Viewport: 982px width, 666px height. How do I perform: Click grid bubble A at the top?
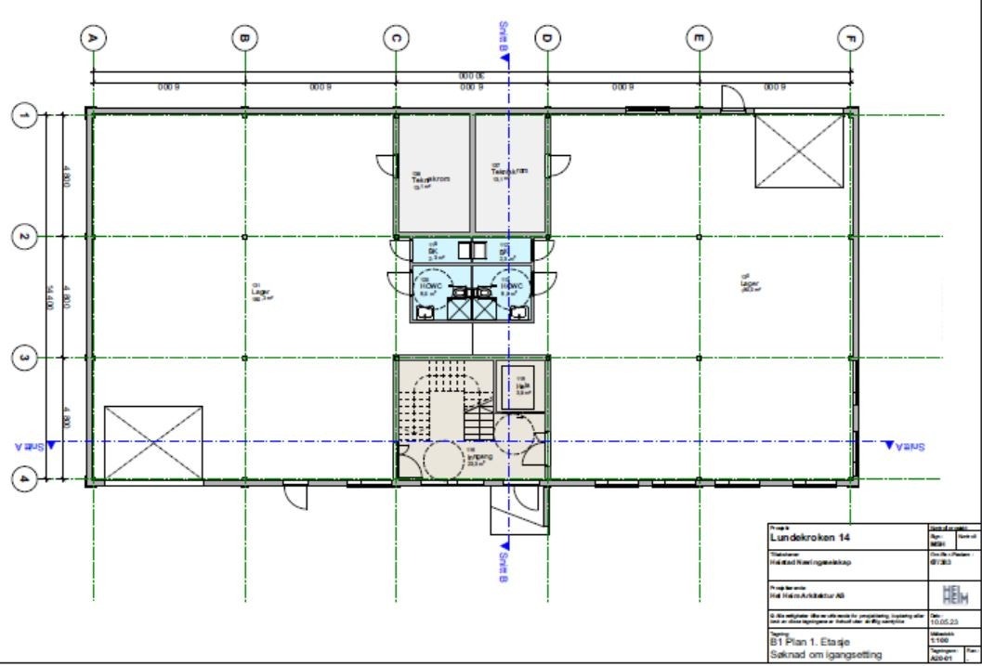pos(93,38)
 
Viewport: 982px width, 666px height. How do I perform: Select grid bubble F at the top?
pos(850,38)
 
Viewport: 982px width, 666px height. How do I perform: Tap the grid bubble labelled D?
pos(547,38)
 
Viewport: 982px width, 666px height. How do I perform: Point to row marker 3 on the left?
pos(23,358)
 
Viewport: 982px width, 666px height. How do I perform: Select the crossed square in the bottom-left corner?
pos(153,441)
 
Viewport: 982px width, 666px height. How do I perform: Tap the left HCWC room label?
pos(430,284)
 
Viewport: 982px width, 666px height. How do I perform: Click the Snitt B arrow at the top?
pos(504,56)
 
